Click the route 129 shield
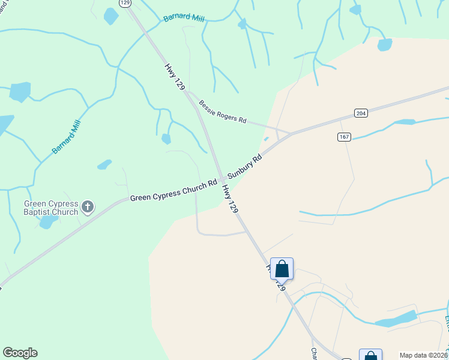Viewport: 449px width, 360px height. pos(125,3)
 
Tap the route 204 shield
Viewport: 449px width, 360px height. pos(360,113)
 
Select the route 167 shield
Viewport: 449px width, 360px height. pos(343,137)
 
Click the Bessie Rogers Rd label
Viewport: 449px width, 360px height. pos(223,112)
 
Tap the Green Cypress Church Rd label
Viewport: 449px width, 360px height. pos(173,190)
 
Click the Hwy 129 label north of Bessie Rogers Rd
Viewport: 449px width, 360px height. pos(175,76)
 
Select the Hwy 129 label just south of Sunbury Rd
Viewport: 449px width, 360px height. pos(231,199)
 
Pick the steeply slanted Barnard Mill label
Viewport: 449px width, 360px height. pos(66,137)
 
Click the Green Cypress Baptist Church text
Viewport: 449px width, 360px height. pos(51,208)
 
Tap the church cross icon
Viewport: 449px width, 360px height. pos(88,208)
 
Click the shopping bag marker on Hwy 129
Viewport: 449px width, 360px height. pos(282,269)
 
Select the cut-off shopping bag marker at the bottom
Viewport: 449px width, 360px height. pos(370,355)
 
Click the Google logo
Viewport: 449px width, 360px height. pos(20,353)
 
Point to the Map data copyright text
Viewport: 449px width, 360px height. pos(424,355)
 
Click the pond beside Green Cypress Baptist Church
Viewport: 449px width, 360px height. pos(47,222)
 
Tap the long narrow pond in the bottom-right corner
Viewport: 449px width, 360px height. pos(396,319)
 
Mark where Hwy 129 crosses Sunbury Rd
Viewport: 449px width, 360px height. pos(222,179)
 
